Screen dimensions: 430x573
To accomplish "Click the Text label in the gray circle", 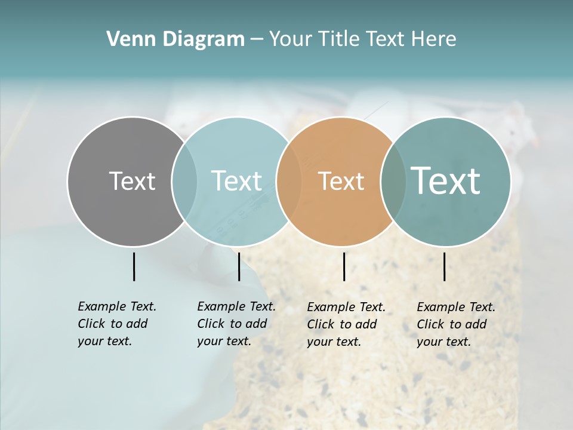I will pos(132,181).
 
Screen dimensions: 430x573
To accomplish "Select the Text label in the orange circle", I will pos(341,181).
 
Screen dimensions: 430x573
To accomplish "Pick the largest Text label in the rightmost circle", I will pos(446,181).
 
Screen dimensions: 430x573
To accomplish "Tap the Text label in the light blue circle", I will pos(236,181).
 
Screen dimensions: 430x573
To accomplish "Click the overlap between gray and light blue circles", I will pos(184,181).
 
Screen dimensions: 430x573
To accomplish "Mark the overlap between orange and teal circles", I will pos(393,181).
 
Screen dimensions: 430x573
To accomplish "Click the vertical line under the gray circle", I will pos(134,266).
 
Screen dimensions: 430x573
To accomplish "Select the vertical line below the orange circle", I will pos(344,266).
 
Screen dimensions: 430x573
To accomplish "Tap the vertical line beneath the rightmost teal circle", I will pos(445,266).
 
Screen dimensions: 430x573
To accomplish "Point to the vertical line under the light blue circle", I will pos(239,266).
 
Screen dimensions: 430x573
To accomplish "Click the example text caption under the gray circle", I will pos(117,324).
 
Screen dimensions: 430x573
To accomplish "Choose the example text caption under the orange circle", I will pos(346,324).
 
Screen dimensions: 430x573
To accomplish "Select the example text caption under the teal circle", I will pos(456,324).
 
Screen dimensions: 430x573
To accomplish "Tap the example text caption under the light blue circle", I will pos(236,324).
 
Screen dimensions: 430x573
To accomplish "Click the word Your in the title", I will pos(290,39).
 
